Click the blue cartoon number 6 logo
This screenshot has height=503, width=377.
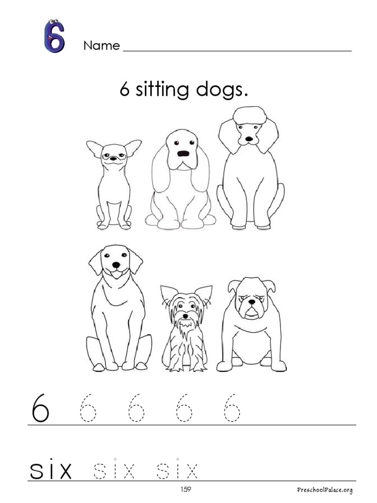[54, 36]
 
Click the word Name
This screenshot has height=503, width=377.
[101, 46]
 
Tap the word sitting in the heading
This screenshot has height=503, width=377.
[162, 89]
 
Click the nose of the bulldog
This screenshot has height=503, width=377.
[252, 302]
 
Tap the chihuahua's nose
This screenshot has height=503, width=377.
[113, 159]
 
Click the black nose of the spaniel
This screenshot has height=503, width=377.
[183, 154]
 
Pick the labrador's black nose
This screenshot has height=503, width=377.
[116, 265]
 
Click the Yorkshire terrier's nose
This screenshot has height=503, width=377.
[185, 316]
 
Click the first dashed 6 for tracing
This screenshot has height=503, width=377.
[87, 408]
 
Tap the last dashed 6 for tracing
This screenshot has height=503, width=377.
[232, 408]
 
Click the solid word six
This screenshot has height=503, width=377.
[51, 469]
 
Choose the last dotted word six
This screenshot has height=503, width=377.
[177, 469]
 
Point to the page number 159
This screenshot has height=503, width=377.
[186, 489]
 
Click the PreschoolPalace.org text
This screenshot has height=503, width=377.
[324, 490]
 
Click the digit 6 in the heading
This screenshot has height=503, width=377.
[124, 89]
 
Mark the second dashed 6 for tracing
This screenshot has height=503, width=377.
[136, 408]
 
